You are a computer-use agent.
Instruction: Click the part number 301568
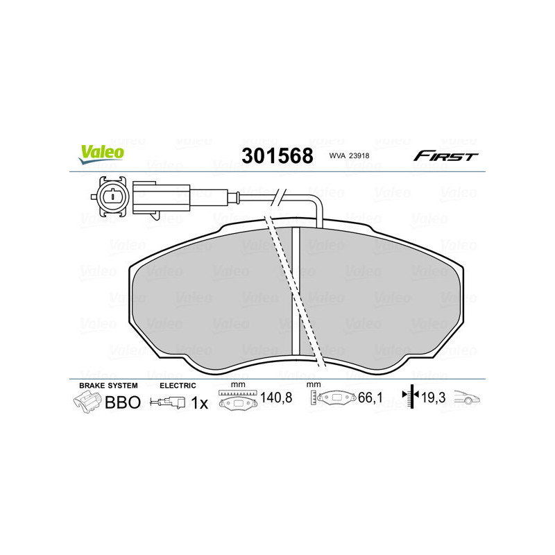click(x=277, y=155)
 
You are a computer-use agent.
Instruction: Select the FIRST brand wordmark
click(x=446, y=156)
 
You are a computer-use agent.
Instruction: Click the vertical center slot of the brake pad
click(x=295, y=291)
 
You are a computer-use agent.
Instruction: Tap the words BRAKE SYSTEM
click(x=108, y=385)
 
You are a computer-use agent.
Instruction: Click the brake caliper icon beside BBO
click(x=87, y=402)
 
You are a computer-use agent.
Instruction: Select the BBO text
click(x=123, y=402)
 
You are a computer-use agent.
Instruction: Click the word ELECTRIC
click(x=178, y=385)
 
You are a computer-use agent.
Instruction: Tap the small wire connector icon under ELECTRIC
click(x=169, y=402)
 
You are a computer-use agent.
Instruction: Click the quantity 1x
click(x=199, y=402)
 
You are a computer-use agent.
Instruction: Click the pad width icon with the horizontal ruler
click(x=237, y=400)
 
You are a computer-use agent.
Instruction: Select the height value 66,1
click(x=371, y=399)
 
